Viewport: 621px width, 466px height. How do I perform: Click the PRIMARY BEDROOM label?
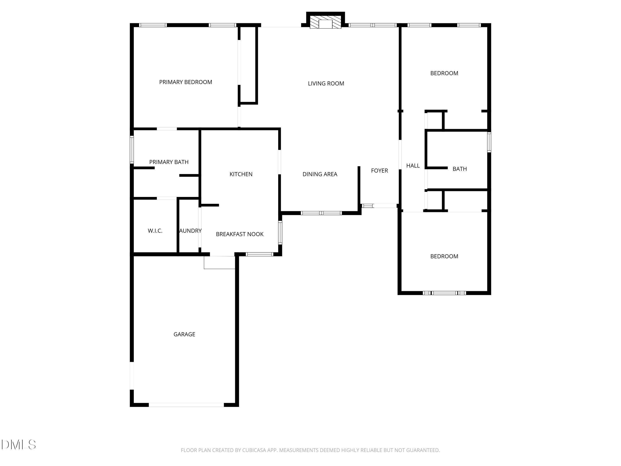point(185,82)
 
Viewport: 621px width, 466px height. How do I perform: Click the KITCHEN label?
point(241,174)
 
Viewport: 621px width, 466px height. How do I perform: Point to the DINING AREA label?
point(320,174)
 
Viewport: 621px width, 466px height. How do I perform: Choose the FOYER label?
point(379,170)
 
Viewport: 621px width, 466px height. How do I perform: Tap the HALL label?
point(413,166)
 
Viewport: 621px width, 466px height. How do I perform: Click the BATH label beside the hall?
point(460,169)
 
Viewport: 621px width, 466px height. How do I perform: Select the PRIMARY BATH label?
point(169,162)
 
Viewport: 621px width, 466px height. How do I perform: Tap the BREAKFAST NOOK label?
point(239,234)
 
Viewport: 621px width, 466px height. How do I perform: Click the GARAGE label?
point(184,334)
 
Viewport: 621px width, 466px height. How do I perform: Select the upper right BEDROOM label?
point(444,73)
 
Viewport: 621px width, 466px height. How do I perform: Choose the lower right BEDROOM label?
point(444,256)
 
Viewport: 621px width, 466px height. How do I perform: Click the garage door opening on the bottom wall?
point(186,405)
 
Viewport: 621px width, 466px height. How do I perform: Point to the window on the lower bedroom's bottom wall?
point(444,293)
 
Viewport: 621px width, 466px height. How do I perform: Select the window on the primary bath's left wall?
point(132,150)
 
